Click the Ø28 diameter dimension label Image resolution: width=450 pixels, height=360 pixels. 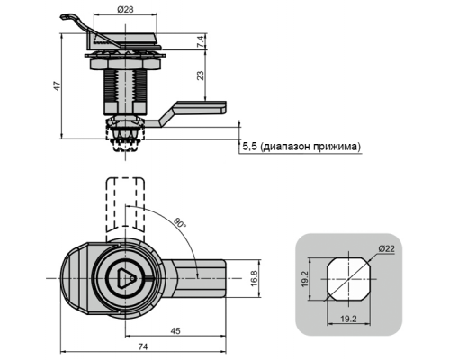tap(125, 10)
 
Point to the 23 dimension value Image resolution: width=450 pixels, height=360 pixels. tap(202, 75)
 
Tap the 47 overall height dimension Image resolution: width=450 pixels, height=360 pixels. tap(57, 86)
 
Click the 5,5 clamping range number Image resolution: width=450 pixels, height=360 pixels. tap(250, 147)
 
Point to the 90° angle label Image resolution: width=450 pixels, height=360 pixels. tap(180, 222)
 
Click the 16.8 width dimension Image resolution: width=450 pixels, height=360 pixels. tap(255, 278)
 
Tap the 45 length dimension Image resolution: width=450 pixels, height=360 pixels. tap(175, 330)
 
